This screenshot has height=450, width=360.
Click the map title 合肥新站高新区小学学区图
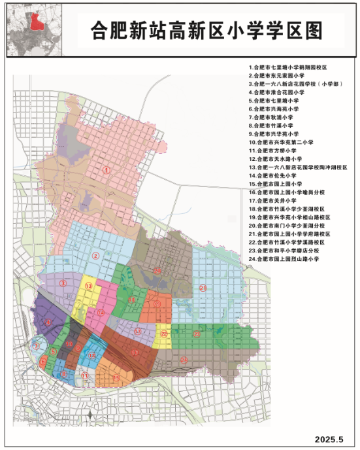pos(207,30)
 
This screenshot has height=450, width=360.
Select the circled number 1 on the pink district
pos(112,169)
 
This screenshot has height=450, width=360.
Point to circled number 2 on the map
pos(95,256)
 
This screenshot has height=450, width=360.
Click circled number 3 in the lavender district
pos(63,283)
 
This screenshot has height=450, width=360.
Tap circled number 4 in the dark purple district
pos(48,321)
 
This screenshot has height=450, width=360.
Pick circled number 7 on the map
pos(37,346)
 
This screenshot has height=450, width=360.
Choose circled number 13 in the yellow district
pos(87,287)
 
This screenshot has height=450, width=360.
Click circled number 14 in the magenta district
pos(100,313)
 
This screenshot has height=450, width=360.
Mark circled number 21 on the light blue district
pos(203,288)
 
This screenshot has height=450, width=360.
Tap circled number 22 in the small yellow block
pos(164,334)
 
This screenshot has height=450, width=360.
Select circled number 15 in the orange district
pos(116,378)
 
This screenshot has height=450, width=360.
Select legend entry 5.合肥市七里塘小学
pos(274,101)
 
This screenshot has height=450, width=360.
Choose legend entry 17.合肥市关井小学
pos(273,201)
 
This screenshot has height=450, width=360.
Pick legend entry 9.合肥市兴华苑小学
pos(274,134)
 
